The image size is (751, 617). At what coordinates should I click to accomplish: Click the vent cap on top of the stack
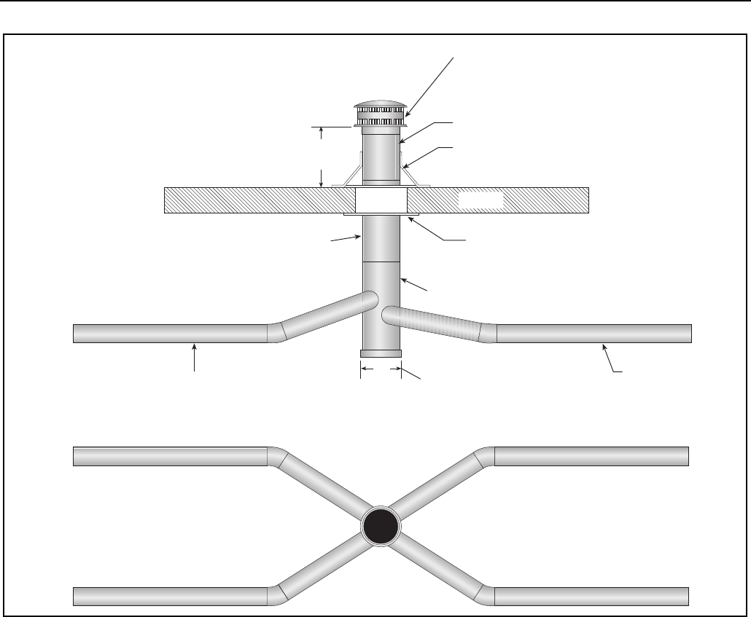(381, 113)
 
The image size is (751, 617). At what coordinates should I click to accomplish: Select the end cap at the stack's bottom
(381, 353)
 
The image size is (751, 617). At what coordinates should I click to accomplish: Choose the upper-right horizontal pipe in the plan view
(591, 456)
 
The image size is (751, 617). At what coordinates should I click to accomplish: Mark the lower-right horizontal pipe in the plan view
(591, 595)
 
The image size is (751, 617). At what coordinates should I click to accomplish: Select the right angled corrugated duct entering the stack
(434, 321)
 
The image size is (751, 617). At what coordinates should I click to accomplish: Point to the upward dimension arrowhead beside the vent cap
(322, 131)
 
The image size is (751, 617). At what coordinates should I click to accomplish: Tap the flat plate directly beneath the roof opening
(381, 215)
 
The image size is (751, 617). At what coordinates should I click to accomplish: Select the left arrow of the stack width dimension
(365, 370)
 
